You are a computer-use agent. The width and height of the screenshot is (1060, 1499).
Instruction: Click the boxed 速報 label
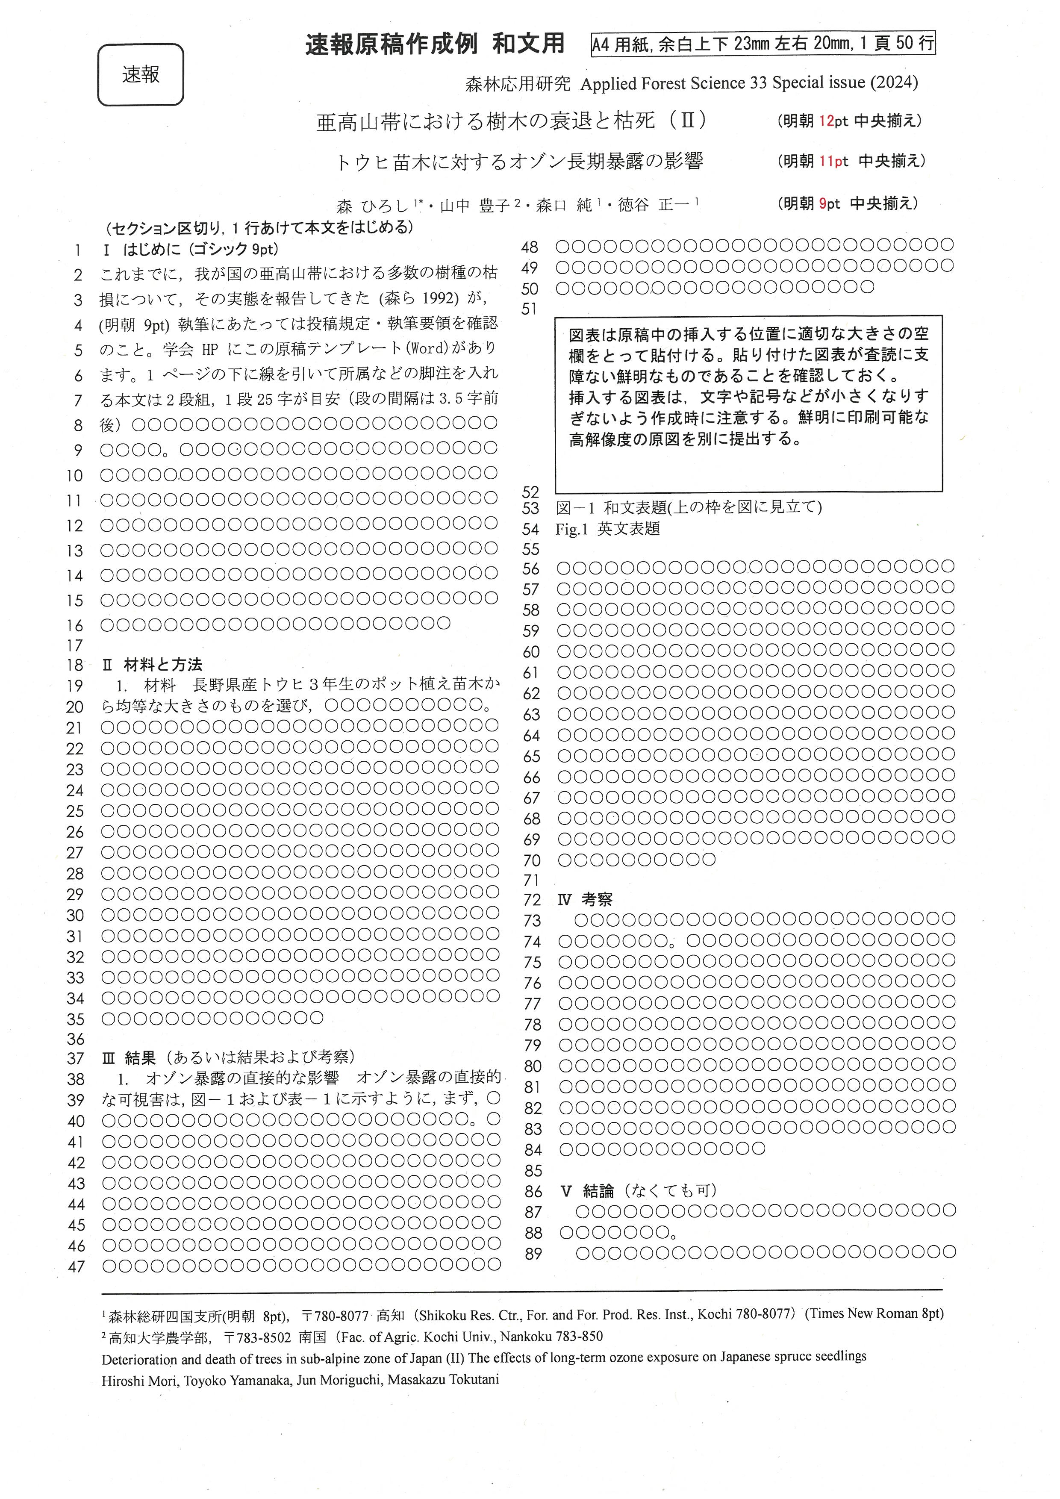click(x=140, y=74)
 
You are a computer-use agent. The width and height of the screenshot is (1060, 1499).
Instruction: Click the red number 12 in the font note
click(x=826, y=121)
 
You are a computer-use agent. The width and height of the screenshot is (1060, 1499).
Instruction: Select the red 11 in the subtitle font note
click(x=826, y=161)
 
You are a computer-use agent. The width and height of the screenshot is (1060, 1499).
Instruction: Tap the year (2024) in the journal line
click(x=893, y=83)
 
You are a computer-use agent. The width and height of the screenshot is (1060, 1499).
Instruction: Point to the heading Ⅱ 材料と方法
click(x=153, y=665)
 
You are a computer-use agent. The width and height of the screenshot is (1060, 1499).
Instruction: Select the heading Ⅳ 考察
click(x=586, y=900)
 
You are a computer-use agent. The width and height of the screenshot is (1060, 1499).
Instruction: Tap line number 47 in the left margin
click(x=77, y=1266)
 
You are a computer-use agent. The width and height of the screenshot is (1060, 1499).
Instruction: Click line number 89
click(x=533, y=1254)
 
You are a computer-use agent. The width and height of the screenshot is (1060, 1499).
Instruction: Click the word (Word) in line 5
click(x=427, y=349)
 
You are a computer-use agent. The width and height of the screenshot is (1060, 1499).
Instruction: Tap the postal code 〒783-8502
click(x=257, y=1337)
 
